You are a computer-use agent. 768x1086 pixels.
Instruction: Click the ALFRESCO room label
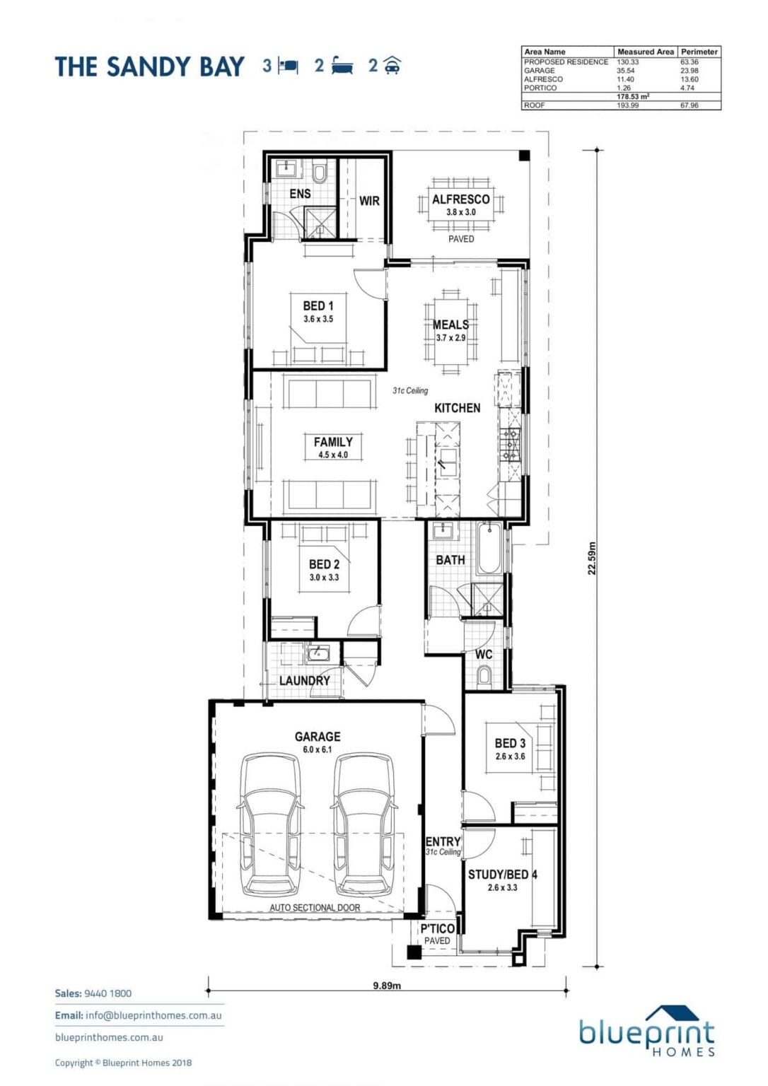point(460,200)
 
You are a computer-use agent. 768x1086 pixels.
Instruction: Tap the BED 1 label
point(318,306)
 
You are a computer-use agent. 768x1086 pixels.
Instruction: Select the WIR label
point(369,201)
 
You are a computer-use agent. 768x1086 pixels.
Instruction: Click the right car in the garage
point(363,824)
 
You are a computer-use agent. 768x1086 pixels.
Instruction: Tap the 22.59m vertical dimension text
point(592,558)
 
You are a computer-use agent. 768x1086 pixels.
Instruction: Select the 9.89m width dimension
point(387,985)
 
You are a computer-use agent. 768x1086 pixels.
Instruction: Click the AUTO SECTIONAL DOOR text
point(315,907)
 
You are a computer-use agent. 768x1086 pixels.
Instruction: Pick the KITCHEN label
point(457,408)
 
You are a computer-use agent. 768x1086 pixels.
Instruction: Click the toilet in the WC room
point(484,677)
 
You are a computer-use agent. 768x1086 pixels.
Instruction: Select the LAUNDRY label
point(304,680)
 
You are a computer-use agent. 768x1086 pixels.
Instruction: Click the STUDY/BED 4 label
point(502,875)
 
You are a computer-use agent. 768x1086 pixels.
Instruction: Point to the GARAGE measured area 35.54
point(626,71)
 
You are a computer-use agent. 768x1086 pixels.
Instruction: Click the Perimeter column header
point(699,52)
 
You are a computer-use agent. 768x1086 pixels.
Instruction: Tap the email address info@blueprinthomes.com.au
point(153,1015)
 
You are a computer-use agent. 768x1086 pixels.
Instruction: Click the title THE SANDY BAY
point(149,67)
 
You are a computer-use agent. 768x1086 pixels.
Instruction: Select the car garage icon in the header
point(392,66)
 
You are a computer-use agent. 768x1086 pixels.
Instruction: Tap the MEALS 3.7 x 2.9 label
point(450,330)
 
